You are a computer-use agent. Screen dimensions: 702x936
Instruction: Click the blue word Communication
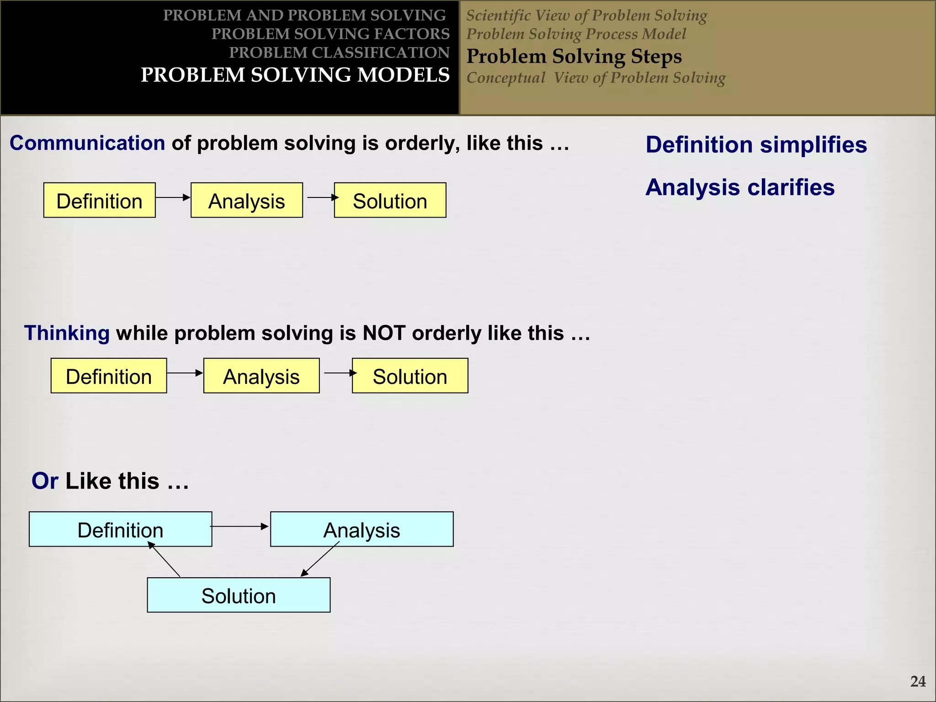coord(87,144)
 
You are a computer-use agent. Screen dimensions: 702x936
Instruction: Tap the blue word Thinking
coord(67,333)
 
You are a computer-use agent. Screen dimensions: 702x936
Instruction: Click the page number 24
coord(918,681)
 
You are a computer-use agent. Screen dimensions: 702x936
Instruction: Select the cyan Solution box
coord(239,596)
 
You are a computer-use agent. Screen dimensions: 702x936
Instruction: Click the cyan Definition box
coord(120,530)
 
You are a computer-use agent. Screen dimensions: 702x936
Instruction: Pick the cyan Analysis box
coord(362,530)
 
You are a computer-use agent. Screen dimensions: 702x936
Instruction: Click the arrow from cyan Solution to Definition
coord(164,559)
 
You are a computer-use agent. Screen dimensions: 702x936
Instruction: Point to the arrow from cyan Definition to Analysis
coord(239,526)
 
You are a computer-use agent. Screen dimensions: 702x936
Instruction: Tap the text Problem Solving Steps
coord(574,57)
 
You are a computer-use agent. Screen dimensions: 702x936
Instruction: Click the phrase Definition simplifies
coord(756,145)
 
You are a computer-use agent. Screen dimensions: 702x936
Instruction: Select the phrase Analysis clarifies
coord(739,187)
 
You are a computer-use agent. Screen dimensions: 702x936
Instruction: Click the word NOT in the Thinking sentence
coord(383,333)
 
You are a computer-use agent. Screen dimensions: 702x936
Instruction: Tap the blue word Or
coord(45,481)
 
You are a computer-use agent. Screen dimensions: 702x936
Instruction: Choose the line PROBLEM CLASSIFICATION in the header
coord(339,53)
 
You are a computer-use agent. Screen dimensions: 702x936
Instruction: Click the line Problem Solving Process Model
coord(576,34)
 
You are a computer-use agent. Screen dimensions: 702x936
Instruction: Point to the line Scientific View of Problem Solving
coord(586,16)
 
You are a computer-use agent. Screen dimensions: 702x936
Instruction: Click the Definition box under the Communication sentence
coord(100,201)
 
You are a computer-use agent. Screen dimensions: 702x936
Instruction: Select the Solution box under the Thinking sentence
coord(410,376)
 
